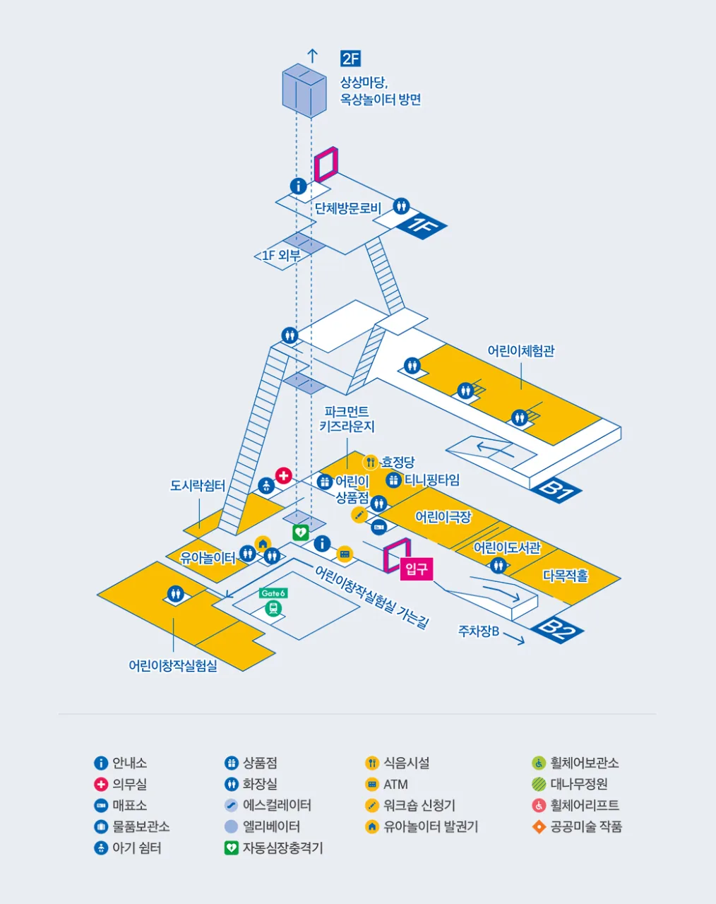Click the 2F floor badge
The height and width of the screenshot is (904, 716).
(350, 59)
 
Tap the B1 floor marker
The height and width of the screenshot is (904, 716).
(556, 490)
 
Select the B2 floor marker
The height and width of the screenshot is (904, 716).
(557, 630)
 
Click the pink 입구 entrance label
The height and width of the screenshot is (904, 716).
(416, 569)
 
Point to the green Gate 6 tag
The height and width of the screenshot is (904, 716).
(273, 593)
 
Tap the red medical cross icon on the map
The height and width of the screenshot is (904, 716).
(283, 475)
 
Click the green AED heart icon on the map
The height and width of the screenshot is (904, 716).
(301, 533)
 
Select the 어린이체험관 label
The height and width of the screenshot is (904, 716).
(520, 351)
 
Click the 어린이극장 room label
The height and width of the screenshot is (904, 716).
(443, 517)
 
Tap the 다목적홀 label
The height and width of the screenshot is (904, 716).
(565, 576)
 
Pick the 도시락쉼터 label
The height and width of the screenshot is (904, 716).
(198, 486)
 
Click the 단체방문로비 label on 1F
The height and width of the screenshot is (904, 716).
(348, 208)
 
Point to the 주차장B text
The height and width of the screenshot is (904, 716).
(478, 631)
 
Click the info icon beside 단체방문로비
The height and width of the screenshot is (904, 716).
(298, 186)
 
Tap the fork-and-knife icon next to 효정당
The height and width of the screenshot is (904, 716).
(370, 463)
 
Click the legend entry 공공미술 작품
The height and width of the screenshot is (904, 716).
(577, 827)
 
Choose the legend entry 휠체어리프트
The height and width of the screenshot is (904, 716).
(575, 805)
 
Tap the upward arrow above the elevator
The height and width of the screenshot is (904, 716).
(312, 56)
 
